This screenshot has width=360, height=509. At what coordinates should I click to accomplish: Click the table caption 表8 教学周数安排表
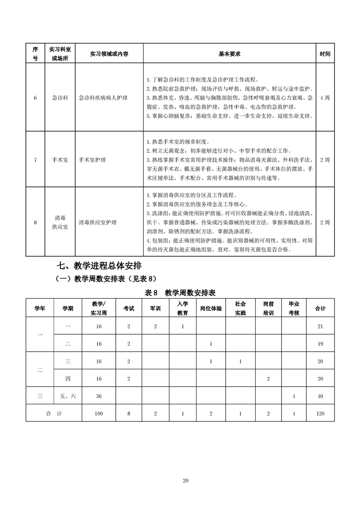coord(180,293)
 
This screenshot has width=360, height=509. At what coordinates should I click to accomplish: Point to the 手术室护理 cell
coord(92,160)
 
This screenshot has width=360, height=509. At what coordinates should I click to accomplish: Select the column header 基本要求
coord(229,54)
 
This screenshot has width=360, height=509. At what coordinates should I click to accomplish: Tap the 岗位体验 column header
coord(211,308)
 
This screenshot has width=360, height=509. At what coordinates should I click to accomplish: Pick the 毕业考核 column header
coord(294,308)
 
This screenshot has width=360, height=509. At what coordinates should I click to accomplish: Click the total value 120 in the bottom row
coord(321,413)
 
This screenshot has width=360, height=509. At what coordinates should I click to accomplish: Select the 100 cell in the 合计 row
coord(99,413)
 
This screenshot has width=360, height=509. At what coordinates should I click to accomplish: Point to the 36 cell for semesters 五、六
coord(99,396)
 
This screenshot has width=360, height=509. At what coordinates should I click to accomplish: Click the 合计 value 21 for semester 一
coord(321,327)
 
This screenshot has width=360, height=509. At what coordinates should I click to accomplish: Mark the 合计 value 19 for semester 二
coord(321,344)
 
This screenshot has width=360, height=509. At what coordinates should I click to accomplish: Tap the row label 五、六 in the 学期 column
coord(68,396)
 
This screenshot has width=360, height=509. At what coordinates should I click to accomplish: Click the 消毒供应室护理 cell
coord(98,223)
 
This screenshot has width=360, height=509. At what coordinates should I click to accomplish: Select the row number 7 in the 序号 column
coord(35,160)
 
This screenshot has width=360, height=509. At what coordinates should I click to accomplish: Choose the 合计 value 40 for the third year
coord(321,396)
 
